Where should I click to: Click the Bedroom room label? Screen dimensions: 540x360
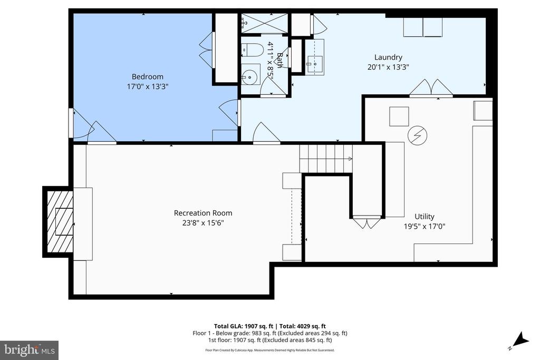coord(148,77)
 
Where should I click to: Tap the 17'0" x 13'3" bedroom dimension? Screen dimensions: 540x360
coord(148,86)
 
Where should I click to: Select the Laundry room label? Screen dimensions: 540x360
coord(388,57)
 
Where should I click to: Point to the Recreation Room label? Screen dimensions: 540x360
coord(203,213)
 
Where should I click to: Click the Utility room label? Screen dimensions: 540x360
coord(425,217)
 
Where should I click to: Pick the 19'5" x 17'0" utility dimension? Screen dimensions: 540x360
coord(425,226)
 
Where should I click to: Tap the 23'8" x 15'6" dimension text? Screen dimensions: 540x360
coord(203,222)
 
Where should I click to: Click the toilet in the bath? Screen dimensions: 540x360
coord(253,50)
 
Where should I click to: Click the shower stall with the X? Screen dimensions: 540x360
coord(264,23)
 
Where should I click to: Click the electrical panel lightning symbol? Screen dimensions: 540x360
coord(418,135)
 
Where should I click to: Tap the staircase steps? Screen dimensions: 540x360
coord(326,158)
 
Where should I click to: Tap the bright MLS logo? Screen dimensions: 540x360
coord(30,351)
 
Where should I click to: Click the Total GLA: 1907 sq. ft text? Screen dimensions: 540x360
coord(244,326)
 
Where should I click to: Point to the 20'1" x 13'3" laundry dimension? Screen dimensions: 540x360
coord(388,67)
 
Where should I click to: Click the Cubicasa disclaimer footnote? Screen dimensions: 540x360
coord(269,351)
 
